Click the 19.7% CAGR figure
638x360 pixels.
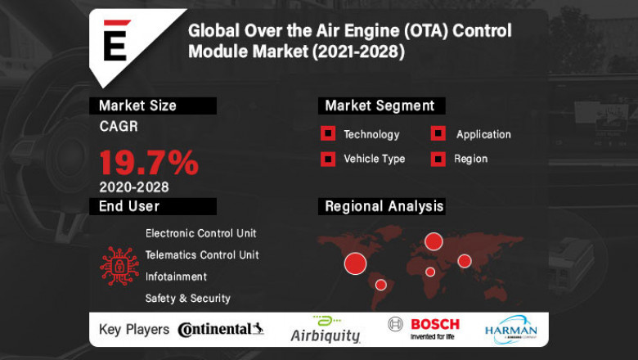point(149,162)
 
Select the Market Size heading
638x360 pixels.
point(137,106)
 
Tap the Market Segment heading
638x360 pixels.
point(380,106)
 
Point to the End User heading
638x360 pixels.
point(129,206)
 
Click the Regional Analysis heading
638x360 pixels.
point(384,206)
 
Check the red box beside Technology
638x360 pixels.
point(328,134)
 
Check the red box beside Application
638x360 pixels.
point(438,134)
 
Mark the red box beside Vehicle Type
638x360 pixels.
point(328,159)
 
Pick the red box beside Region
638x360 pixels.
point(438,159)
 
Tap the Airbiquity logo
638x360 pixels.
point(326,330)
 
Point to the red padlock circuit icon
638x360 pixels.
point(119,266)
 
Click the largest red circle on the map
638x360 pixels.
point(355,263)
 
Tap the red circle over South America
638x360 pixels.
point(380,285)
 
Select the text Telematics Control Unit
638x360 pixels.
point(202,255)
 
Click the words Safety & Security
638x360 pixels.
point(188,299)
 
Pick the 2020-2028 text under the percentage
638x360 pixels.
point(134,187)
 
